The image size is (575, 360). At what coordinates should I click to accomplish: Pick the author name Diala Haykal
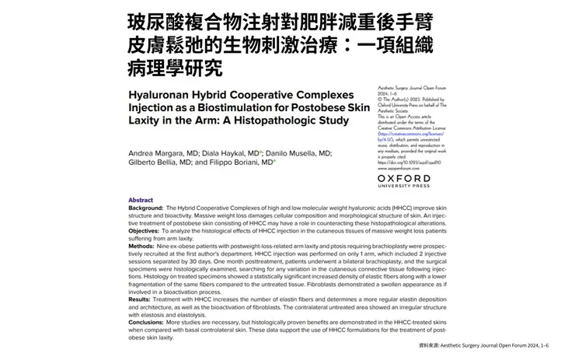click(x=228, y=153)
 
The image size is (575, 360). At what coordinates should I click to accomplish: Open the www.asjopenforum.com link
click(x=405, y=168)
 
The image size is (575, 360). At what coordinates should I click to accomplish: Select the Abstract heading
click(x=141, y=200)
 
